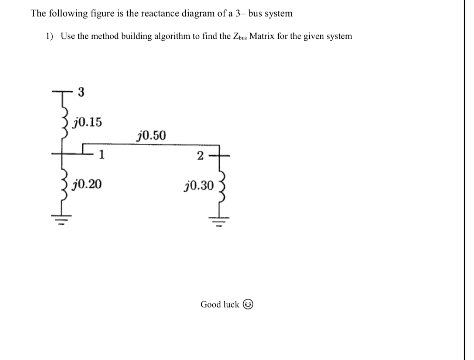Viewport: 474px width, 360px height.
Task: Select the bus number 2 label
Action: [x=200, y=156]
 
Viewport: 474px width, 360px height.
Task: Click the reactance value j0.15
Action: [x=88, y=122]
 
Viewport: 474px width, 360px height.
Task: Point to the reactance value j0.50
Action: [x=151, y=136]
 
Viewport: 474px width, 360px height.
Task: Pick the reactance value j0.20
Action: [x=88, y=184]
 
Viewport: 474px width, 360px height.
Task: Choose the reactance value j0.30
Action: [x=199, y=186]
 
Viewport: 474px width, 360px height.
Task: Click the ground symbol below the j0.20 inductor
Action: [x=61, y=221]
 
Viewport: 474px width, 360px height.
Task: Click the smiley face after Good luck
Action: [x=248, y=305]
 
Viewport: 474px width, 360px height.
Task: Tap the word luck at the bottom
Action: [x=231, y=305]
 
